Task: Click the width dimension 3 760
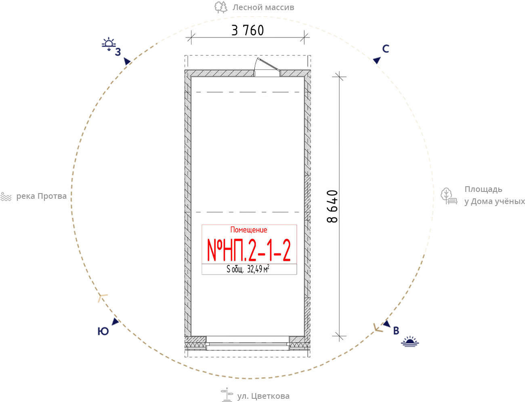tap(248, 30)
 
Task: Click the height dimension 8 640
tap(332, 206)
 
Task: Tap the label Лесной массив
tap(263, 7)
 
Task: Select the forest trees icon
tap(221, 7)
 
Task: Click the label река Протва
tap(41, 196)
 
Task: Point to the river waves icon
tap(6, 197)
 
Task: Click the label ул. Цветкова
tap(263, 396)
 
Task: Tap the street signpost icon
tap(227, 395)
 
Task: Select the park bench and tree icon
tap(449, 196)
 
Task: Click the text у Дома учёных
tap(495, 202)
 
